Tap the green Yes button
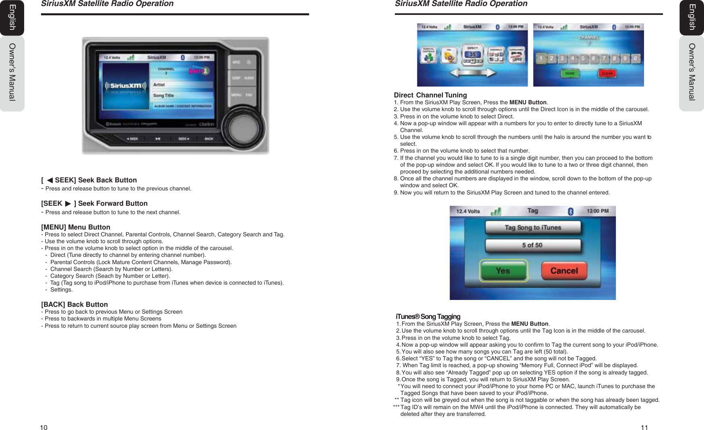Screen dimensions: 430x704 (x=503, y=271)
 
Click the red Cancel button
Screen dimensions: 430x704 (x=564, y=271)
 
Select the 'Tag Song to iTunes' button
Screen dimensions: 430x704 (x=533, y=227)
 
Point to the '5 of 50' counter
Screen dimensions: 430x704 (x=533, y=245)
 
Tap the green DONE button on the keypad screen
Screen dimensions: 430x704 (x=570, y=73)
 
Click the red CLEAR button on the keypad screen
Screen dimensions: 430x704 (x=607, y=73)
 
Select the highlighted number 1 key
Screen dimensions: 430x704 (x=541, y=59)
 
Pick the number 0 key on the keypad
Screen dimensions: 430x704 (x=636, y=59)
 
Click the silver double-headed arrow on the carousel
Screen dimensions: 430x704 (x=473, y=73)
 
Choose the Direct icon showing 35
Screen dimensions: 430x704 (x=473, y=55)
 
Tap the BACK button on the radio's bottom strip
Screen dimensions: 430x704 (x=209, y=139)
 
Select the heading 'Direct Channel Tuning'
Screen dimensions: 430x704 (x=430, y=95)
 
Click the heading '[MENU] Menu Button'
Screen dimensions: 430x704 (x=76, y=227)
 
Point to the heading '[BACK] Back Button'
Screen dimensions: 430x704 (x=74, y=304)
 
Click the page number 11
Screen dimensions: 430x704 (x=644, y=428)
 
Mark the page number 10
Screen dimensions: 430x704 (x=43, y=428)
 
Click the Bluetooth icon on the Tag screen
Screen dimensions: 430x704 (x=570, y=211)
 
